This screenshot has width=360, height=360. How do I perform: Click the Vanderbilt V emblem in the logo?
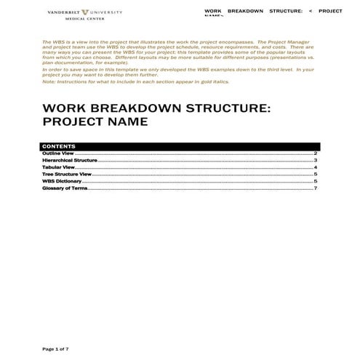(x=87, y=12)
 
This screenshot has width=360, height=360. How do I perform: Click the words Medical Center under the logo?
(x=86, y=20)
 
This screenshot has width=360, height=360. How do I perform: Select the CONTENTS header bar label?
(x=59, y=146)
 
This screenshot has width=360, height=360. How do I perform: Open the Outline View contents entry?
(x=58, y=153)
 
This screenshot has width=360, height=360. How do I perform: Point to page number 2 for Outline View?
(x=315, y=153)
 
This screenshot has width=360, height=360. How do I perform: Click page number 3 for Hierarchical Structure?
(x=315, y=160)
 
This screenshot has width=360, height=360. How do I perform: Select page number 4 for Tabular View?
(x=315, y=167)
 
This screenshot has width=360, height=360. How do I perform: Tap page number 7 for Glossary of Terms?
(x=315, y=188)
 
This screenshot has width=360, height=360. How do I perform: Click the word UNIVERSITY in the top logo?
(x=108, y=12)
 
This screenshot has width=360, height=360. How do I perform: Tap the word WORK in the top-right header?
(x=212, y=12)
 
